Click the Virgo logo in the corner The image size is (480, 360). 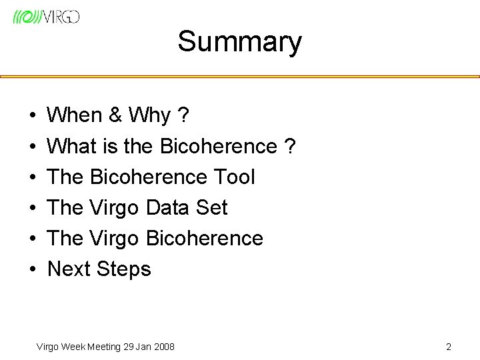46,17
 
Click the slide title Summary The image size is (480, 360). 239,42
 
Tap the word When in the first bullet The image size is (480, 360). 73,116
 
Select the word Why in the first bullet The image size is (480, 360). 150,116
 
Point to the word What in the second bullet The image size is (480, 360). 72,146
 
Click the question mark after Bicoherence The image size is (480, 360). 289,146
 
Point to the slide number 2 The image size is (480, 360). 449,347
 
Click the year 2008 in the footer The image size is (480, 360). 163,347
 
